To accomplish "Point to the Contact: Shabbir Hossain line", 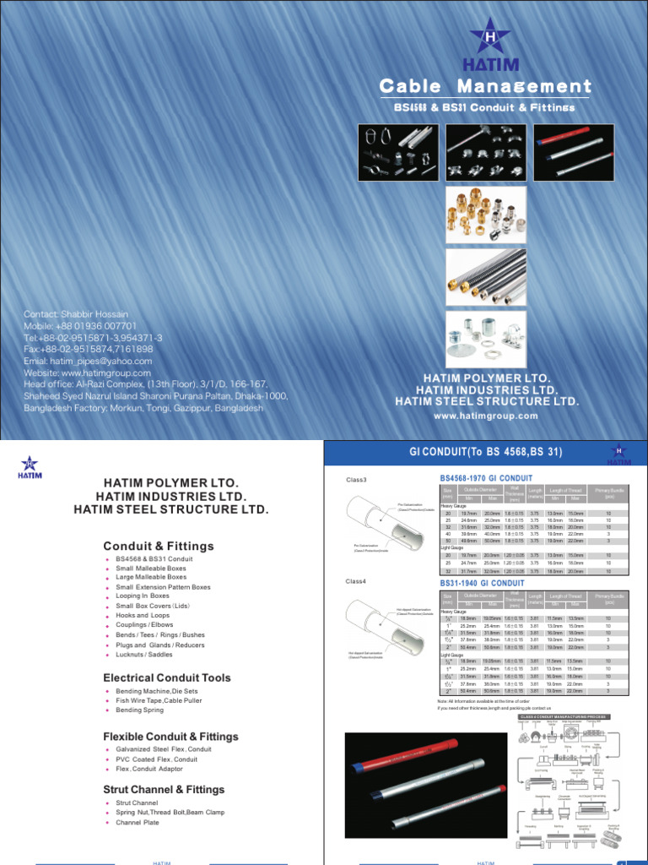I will (77, 313).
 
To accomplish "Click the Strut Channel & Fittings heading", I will (164, 789).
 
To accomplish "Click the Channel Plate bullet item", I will (138, 822).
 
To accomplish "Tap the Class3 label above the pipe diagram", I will (357, 480).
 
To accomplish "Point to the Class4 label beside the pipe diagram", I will (357, 581).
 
